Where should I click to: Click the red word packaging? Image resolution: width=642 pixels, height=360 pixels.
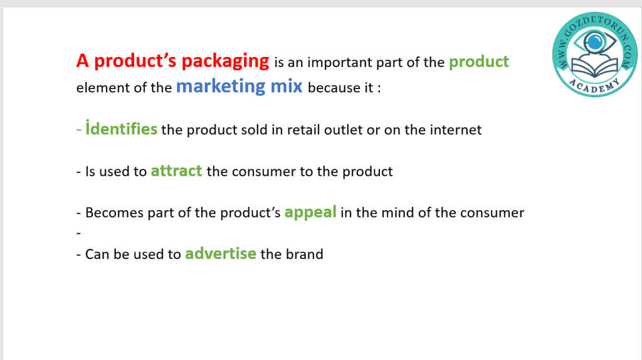pos(225,61)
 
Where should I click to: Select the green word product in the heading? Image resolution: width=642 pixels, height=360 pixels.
pos(478,62)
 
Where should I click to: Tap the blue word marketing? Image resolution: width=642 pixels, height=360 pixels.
pos(221,87)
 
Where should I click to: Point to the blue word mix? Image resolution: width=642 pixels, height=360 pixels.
pos(286,86)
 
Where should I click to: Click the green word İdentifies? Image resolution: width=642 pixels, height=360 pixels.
pos(121,129)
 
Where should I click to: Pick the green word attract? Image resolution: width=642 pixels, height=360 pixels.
pos(176,171)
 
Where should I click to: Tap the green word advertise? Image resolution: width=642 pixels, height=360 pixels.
pos(221,253)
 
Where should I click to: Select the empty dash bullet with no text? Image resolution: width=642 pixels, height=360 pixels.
pos(78,233)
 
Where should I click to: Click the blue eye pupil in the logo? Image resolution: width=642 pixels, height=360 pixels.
pos(594,41)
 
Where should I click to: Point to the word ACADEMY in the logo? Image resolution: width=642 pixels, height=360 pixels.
pos(595,86)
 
